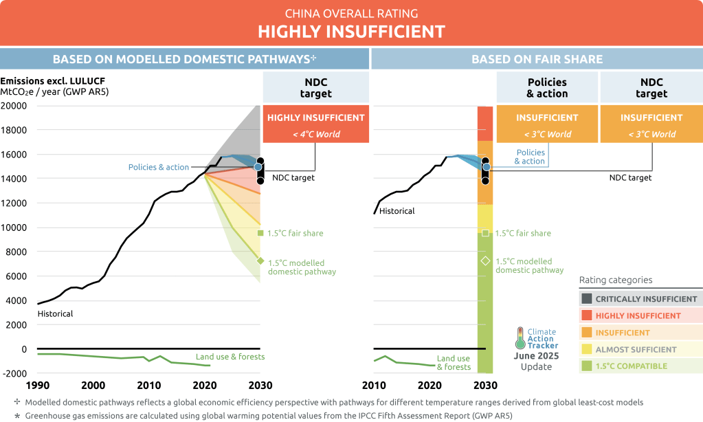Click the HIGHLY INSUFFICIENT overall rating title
tap(351, 32)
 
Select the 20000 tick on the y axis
tap(14, 106)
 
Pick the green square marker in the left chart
tap(260, 233)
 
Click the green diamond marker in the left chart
tap(260, 260)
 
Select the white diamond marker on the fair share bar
tap(485, 260)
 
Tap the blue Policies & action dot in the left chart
tap(258, 166)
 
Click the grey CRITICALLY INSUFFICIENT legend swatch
tap(586, 299)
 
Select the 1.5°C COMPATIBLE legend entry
tap(631, 366)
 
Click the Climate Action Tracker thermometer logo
tap(522, 337)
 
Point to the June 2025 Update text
tap(536, 361)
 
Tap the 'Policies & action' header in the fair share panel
tap(547, 88)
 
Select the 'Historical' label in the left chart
tap(55, 314)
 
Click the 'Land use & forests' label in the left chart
tap(230, 357)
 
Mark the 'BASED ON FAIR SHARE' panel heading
tap(537, 59)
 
